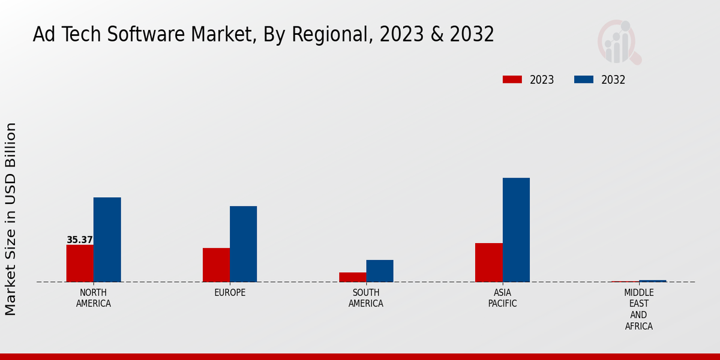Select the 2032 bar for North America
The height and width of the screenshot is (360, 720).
(107, 239)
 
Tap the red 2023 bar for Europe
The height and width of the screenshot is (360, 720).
(216, 265)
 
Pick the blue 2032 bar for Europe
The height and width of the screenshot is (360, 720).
(243, 244)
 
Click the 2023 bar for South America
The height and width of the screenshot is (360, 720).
(352, 277)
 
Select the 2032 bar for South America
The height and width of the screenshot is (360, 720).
(380, 271)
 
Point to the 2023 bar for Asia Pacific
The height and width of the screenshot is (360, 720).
(488, 262)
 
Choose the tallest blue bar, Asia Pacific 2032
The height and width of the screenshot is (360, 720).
(516, 230)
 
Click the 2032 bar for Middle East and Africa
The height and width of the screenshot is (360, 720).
(652, 281)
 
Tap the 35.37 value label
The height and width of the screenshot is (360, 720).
(80, 240)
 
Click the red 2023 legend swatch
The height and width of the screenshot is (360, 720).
(512, 80)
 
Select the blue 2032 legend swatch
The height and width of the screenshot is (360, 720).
(584, 80)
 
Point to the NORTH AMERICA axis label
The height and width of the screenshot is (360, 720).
(94, 298)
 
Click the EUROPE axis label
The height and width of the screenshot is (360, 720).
(230, 293)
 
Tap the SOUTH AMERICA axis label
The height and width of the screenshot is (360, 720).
(366, 298)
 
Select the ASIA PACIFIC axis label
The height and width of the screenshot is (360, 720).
(502, 298)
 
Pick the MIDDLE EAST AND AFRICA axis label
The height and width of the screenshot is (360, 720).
(638, 310)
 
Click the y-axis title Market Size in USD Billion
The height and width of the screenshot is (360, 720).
(11, 219)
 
